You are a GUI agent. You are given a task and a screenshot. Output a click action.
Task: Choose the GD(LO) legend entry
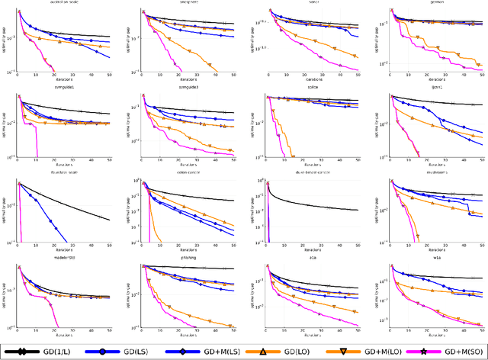[285, 353]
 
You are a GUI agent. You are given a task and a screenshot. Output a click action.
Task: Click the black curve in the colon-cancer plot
[198, 195]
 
